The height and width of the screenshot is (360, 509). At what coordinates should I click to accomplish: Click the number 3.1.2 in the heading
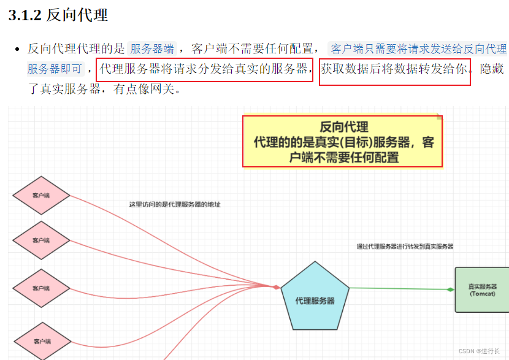25,16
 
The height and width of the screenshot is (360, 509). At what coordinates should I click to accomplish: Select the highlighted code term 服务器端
152,49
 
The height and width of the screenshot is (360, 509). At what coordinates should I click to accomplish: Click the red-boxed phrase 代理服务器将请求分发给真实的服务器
204,68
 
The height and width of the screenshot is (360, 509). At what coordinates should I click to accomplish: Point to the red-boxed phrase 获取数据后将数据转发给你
395,68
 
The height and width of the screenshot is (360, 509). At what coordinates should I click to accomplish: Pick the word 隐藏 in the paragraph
493,68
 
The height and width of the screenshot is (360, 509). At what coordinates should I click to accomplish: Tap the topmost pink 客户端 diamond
41,196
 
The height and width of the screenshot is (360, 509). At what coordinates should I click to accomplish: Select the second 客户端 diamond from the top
41,240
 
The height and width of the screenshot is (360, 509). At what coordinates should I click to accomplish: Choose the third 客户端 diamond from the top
41,288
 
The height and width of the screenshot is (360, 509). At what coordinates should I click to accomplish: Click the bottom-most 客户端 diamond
41,341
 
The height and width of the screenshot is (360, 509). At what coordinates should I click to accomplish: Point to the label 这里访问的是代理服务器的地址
175,204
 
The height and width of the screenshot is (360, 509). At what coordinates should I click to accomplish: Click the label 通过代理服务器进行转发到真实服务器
405,247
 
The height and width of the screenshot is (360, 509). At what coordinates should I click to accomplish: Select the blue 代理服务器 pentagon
315,297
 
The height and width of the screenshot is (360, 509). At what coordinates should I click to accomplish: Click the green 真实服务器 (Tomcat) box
483,289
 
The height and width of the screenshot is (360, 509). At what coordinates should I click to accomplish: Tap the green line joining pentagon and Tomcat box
399,288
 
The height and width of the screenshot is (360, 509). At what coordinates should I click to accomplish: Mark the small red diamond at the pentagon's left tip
277,287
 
